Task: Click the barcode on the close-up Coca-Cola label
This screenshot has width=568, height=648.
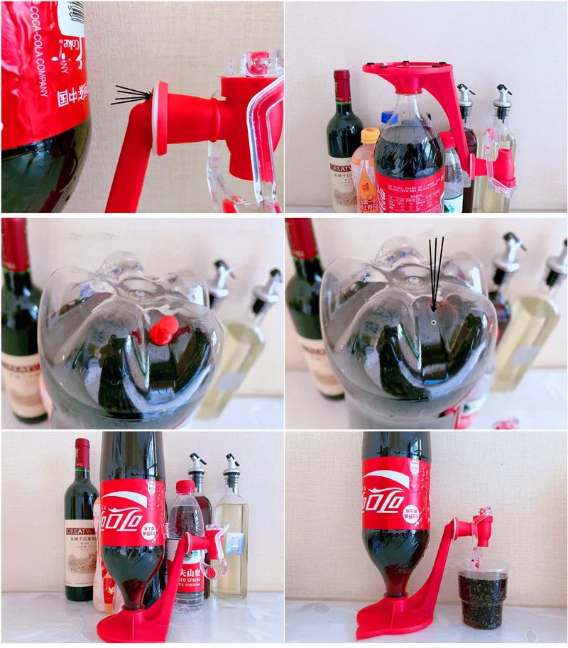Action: click(72, 14)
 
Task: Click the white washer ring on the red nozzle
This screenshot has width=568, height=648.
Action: click(159, 118)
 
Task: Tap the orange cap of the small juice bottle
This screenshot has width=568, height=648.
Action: click(370, 136)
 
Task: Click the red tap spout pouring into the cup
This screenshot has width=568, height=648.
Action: click(484, 529)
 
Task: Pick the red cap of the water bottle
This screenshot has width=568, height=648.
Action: click(185, 487)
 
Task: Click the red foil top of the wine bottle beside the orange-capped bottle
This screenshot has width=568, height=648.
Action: click(343, 86)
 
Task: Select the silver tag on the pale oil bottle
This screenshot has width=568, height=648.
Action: click(235, 543)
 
